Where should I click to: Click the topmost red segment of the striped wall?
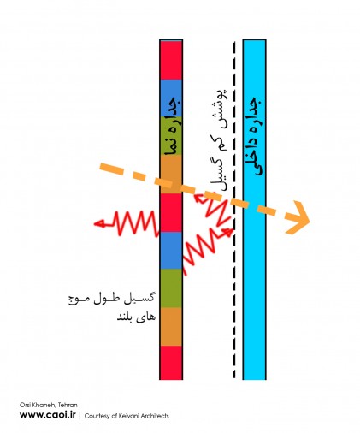[x=171, y=60]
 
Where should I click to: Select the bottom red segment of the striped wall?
[x=171, y=363]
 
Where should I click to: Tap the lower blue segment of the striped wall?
[x=171, y=251]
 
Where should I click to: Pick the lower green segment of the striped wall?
[x=171, y=288]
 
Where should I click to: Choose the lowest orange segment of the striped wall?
[x=171, y=327]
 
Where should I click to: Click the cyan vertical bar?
[x=255, y=210]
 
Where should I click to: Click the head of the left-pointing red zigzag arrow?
[x=99, y=224]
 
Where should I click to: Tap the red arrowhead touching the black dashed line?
[x=228, y=232]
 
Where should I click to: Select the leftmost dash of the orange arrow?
[x=111, y=169]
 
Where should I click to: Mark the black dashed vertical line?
[x=234, y=210]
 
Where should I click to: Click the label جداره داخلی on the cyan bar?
[x=256, y=136]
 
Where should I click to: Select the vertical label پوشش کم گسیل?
[x=221, y=139]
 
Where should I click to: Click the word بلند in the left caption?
[x=127, y=317]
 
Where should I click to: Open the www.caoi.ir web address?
[x=48, y=415]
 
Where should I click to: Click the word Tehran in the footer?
[x=68, y=405]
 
